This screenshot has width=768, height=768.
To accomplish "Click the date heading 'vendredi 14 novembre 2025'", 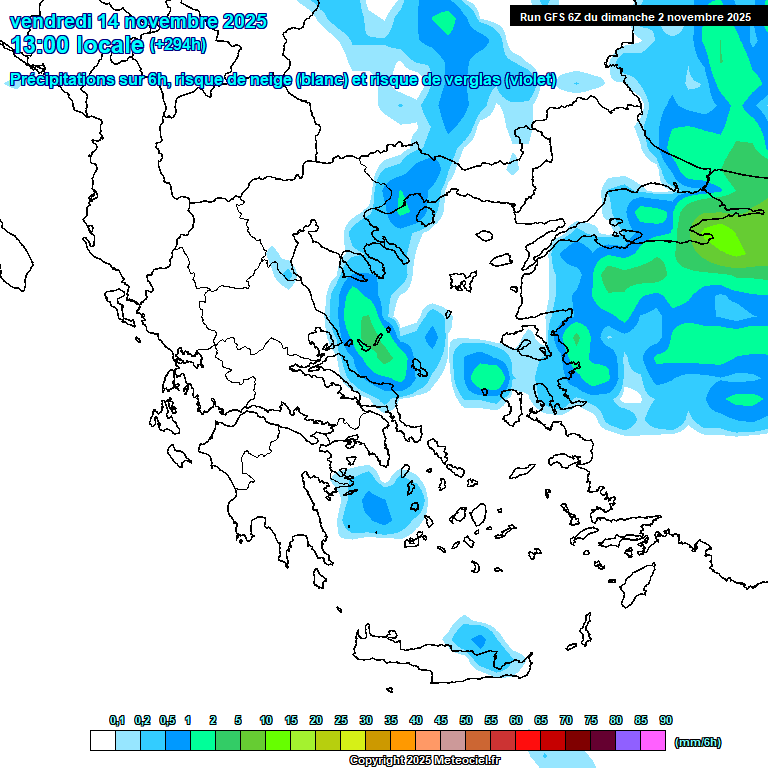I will click(x=138, y=21).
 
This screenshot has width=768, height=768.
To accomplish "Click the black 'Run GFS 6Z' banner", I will click(x=635, y=16).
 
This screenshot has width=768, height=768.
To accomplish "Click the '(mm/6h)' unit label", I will click(x=698, y=742).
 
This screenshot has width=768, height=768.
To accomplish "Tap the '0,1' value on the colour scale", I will click(x=117, y=720).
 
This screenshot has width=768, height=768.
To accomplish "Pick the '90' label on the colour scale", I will click(x=666, y=720).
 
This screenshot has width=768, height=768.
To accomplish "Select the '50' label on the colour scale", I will click(x=466, y=720).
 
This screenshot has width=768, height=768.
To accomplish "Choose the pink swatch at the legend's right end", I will click(x=653, y=741).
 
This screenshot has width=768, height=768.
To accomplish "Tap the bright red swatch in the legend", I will click(x=528, y=741).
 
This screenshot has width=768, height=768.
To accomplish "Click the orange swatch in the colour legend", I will click(x=403, y=741).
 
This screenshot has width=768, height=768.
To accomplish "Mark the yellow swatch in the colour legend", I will click(x=353, y=741).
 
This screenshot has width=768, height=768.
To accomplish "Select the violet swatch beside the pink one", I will click(x=628, y=741).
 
